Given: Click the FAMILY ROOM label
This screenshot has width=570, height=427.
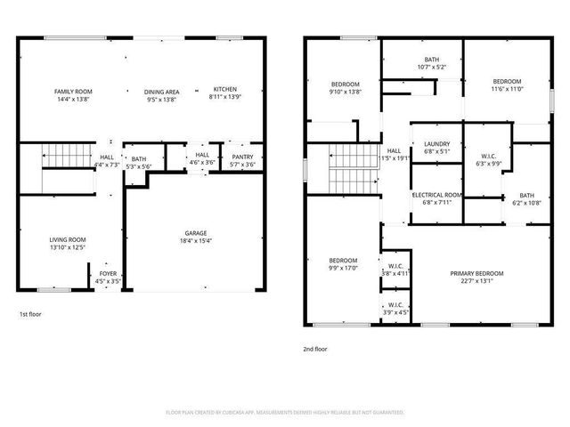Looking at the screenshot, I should (73, 92).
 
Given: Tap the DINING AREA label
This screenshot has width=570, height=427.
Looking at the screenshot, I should (162, 92).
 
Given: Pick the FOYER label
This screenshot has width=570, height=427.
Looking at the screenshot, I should (108, 273).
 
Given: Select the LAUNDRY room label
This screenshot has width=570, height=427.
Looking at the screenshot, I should (436, 143).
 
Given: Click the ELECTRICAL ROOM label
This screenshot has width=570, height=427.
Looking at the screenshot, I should (436, 195).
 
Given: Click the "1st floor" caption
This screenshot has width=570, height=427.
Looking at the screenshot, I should (29, 314).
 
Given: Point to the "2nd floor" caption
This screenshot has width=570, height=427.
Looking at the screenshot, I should (314, 349).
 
